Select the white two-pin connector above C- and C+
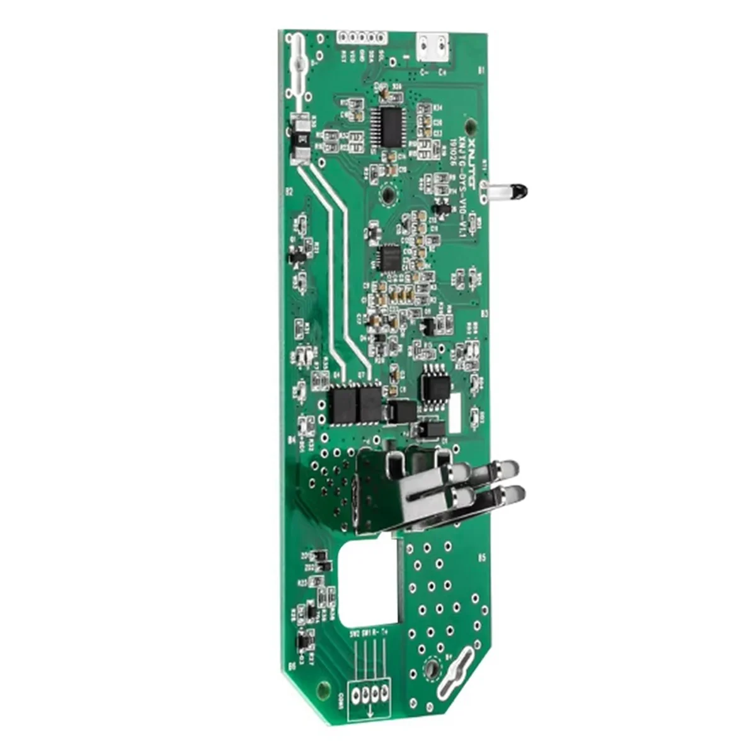[x=433, y=47]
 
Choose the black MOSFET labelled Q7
[x=370, y=404]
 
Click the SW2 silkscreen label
[x=354, y=632]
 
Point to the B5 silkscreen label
[x=482, y=558]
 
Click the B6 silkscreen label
[x=292, y=665]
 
